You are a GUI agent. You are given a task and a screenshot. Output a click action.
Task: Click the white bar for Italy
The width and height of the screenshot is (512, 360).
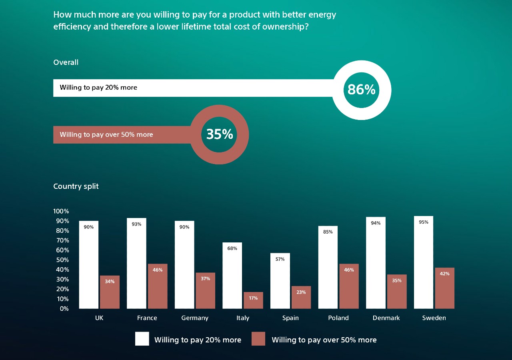point(232,276)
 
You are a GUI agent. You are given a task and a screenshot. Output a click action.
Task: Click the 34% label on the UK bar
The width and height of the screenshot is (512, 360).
point(110,282)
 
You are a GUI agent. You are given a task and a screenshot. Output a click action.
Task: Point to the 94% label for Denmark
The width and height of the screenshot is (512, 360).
point(376,223)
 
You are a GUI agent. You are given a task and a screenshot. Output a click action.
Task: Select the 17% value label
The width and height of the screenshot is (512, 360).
point(253,298)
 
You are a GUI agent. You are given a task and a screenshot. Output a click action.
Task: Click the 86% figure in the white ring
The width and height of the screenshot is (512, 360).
point(361,90)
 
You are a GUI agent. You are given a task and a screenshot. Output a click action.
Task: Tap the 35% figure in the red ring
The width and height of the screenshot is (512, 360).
point(219,135)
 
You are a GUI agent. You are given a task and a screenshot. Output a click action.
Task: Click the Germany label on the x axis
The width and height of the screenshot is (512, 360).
point(195,318)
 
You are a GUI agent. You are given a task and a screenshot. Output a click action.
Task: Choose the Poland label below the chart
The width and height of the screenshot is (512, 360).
point(338,318)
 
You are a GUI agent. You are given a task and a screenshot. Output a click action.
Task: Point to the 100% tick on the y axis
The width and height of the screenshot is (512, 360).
point(61,211)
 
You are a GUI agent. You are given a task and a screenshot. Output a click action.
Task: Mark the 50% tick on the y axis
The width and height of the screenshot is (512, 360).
point(62,260)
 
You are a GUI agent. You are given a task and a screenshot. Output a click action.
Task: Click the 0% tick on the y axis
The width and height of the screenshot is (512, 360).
point(64,309)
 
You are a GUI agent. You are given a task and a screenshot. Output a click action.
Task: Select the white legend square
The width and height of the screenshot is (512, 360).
point(142,339)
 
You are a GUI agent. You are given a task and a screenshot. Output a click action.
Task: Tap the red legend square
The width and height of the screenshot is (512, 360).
point(258,339)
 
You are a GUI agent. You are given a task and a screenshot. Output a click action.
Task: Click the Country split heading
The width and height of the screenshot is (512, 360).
point(76,186)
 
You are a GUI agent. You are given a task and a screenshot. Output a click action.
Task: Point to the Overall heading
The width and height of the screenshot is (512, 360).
point(66,62)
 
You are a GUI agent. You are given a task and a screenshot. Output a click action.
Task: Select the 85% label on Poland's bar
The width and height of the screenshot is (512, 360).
point(328,232)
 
